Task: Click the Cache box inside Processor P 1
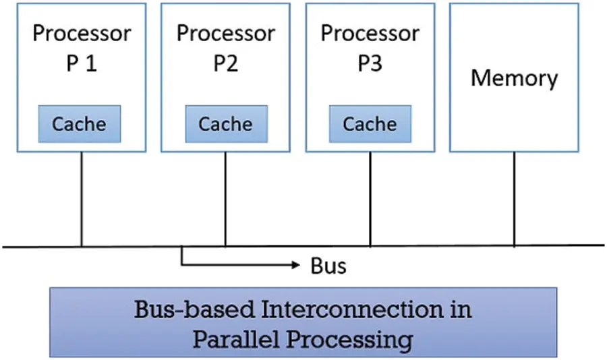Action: [x=79, y=124]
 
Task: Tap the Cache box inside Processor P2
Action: [x=225, y=124]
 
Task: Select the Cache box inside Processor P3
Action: [x=370, y=124]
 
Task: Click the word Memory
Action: [x=514, y=78]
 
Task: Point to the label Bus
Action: [x=328, y=266]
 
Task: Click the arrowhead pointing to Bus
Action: [x=295, y=266]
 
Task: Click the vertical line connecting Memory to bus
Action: [x=515, y=199]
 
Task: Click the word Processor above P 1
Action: [x=82, y=33]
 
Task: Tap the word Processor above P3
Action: [x=370, y=33]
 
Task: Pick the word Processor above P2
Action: [x=226, y=33]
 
